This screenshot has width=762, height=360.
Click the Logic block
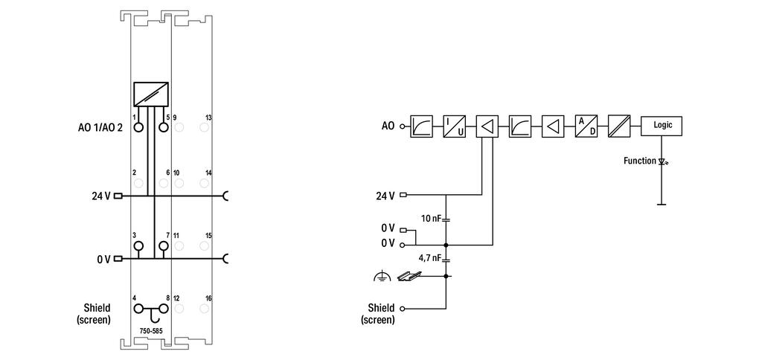(661, 126)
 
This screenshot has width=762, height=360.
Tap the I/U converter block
(454, 126)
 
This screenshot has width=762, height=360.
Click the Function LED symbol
(661, 161)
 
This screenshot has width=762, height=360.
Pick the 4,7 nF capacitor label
(429, 258)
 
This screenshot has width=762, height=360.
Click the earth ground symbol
(382, 277)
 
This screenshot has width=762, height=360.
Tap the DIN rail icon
(408, 276)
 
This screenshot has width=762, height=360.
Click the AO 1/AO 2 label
(101, 127)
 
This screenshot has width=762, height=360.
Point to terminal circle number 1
(138, 127)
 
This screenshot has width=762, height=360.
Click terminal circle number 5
(163, 127)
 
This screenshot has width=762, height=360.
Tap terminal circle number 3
(138, 246)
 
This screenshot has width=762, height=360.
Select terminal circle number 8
(163, 309)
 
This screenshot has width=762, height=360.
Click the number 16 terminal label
(208, 298)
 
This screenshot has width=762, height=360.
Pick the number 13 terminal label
(208, 118)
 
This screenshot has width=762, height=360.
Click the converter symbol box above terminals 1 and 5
(150, 94)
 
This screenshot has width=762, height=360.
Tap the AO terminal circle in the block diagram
(402, 126)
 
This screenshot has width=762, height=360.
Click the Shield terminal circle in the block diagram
(402, 309)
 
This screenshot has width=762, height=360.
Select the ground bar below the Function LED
(661, 205)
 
